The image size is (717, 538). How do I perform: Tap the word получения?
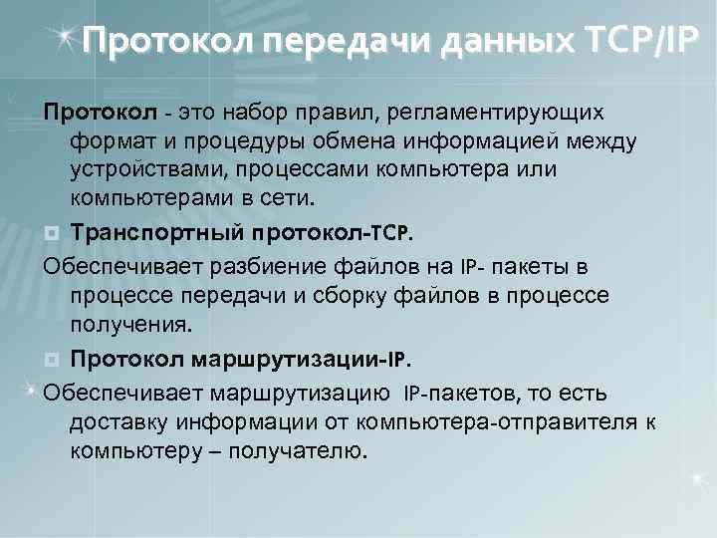tap(129, 326)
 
